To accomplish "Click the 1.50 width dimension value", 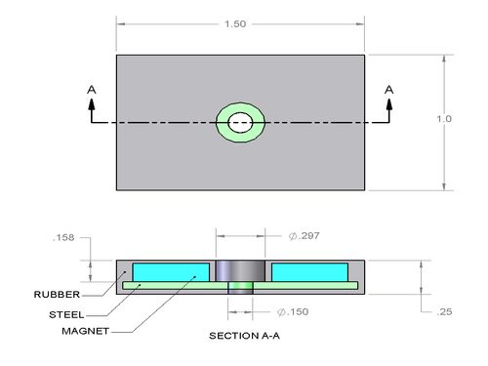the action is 235,24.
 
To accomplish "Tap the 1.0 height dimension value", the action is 444,119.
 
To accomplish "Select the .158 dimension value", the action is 63,237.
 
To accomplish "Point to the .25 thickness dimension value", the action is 444,311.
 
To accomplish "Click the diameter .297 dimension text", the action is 305,235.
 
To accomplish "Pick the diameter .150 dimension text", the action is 293,311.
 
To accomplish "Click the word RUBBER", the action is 57,295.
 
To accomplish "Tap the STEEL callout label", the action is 66,314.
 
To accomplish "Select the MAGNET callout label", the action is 86,331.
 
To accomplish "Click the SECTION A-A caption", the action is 244,336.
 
